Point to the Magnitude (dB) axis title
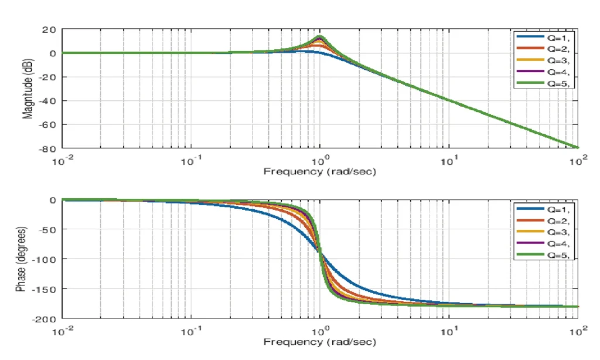pyautogui.click(x=28, y=89)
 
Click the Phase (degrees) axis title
pyautogui.click(x=21, y=259)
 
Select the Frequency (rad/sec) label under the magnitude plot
pyautogui.click(x=320, y=171)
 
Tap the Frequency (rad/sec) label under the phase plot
pyautogui.click(x=320, y=342)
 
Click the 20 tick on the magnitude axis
pyautogui.click(x=49, y=29)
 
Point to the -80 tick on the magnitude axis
pyautogui.click(x=47, y=148)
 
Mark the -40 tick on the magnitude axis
pyautogui.click(x=47, y=101)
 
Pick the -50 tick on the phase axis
pyautogui.click(x=47, y=229)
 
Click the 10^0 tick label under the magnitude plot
pyautogui.click(x=320, y=159)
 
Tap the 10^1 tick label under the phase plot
pyautogui.click(x=449, y=330)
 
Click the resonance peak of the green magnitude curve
pyautogui.click(x=320, y=37)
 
